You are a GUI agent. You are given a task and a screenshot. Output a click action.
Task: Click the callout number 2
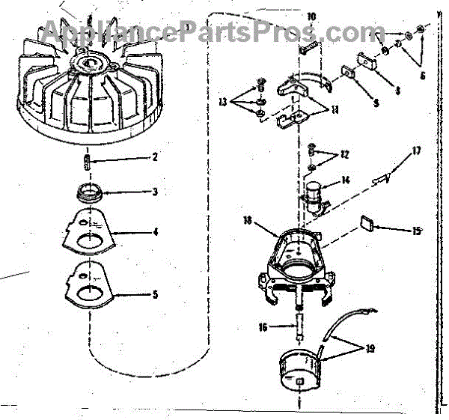[x=154, y=157]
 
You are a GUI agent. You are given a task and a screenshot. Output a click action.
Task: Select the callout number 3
[x=154, y=192]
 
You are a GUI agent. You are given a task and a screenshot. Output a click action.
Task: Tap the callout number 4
[x=155, y=232]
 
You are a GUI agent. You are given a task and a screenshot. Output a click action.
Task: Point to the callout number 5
[x=155, y=294]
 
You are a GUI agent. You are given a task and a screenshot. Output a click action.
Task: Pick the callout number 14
[x=345, y=180]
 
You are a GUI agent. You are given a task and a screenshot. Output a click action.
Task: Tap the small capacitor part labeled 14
[x=314, y=197]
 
